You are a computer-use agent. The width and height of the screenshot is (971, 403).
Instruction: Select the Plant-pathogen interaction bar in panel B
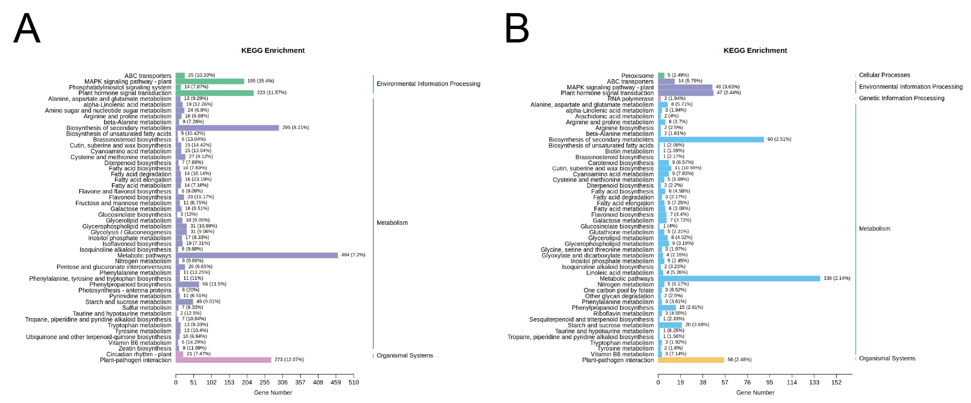click(x=691, y=360)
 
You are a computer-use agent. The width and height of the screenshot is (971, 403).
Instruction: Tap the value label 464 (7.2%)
click(x=353, y=255)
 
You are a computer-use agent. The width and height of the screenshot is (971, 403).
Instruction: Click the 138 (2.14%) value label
click(x=837, y=278)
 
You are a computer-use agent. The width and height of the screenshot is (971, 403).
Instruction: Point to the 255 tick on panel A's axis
click(x=265, y=382)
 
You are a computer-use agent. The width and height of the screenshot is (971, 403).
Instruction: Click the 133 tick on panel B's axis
click(x=814, y=382)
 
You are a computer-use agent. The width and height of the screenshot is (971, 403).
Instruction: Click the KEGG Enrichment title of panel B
click(x=755, y=50)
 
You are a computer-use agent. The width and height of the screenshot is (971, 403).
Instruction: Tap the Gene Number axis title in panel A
click(x=273, y=393)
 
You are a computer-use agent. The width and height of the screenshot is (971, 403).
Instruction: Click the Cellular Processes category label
click(x=884, y=75)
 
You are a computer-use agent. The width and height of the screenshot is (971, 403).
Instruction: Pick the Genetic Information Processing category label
click(x=902, y=98)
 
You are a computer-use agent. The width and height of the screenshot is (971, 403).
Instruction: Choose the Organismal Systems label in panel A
click(x=405, y=356)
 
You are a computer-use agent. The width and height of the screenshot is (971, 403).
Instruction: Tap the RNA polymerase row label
click(x=631, y=99)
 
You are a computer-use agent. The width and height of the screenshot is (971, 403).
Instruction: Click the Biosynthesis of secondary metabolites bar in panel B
click(x=711, y=139)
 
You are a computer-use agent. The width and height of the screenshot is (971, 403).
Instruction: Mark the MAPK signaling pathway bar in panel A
click(x=209, y=81)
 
